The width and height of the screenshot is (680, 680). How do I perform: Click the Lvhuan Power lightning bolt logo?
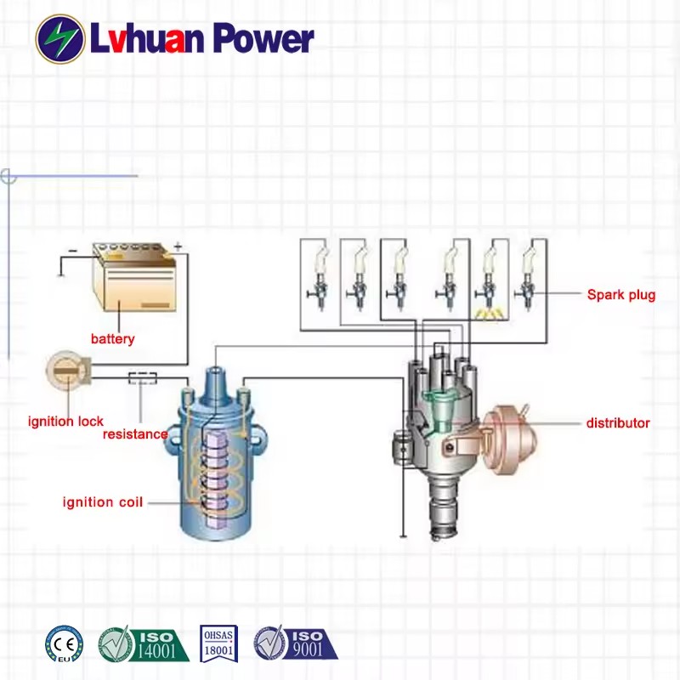pos(60,38)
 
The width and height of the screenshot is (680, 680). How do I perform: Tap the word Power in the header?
pos(263,39)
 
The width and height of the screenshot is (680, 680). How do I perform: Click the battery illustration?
pos(134,277)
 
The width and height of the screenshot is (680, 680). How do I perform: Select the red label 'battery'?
pos(113,338)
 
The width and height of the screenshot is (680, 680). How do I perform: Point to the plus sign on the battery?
pos(178,246)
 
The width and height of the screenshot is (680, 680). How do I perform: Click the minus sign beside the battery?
pos(73,250)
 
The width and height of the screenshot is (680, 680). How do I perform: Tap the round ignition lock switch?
pos(67,371)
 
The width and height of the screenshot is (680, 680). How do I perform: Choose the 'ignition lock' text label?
pos(65,421)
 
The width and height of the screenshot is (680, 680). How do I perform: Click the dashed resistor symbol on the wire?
pos(143,377)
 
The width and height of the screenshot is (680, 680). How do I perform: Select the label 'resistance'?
pos(135,434)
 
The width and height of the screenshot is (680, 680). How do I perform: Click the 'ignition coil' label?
pos(103,502)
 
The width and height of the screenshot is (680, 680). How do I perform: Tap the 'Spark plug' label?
pos(621,295)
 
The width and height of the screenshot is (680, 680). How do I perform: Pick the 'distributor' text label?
pos(618,422)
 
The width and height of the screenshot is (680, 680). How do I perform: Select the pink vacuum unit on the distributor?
pos(509,439)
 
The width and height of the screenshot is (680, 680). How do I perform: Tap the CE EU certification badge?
pos(65,644)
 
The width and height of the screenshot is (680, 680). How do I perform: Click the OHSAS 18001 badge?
pos(218,643)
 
